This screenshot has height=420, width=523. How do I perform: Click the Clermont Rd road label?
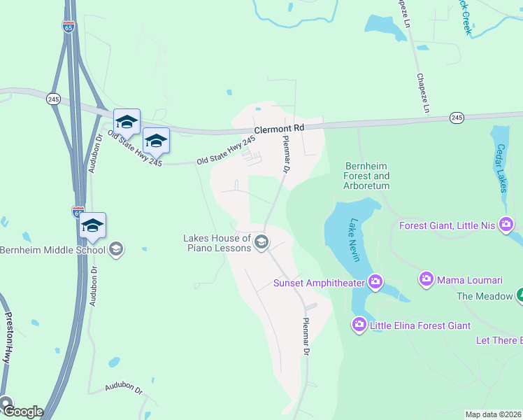(279, 129)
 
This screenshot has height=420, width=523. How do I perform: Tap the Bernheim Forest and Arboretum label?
(367, 176)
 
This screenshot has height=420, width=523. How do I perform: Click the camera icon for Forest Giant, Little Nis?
(506, 225)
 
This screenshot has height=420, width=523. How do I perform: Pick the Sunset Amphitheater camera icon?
(375, 283)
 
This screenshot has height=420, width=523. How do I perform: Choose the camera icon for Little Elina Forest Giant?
(359, 324)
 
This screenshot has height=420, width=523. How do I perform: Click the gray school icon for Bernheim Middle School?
(116, 249)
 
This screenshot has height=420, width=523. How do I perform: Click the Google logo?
(22, 412)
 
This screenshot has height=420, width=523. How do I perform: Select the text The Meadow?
(485, 296)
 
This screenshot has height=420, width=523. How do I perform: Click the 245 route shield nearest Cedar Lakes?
(457, 117)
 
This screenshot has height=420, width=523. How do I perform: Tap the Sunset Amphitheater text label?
(320, 283)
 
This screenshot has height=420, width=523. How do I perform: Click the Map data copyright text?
(494, 414)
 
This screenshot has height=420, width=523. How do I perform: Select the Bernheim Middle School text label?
(53, 250)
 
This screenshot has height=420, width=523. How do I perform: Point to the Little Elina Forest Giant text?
(420, 325)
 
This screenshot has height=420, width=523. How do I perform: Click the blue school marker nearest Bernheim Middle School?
(92, 225)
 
